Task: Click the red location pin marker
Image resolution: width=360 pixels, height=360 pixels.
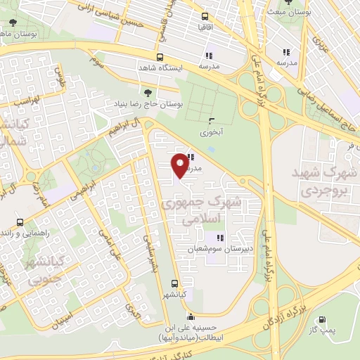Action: [x=181, y=165]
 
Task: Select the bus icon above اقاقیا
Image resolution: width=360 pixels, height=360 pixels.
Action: [x=205, y=16]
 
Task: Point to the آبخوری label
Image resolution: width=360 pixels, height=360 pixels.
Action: [x=210, y=131]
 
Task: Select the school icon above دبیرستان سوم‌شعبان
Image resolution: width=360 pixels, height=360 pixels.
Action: [x=219, y=237]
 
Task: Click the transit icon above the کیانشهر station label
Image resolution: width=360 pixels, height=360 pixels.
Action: [x=174, y=284]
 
